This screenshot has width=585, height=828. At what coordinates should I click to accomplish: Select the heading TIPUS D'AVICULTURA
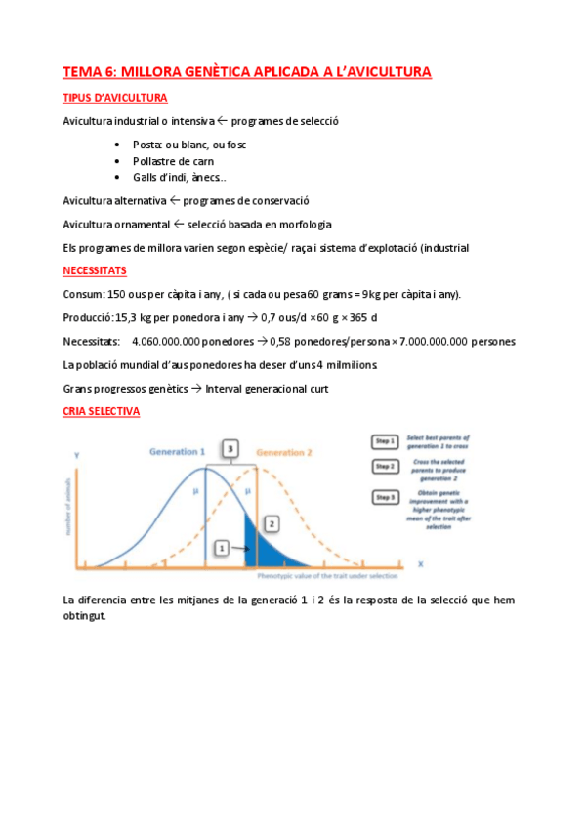coord(114,98)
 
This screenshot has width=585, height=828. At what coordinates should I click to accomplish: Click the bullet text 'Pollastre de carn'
coord(174,160)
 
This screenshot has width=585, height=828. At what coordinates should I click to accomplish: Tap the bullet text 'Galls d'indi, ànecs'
coord(179,177)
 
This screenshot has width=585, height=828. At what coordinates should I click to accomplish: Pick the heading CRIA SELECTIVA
coord(101,411)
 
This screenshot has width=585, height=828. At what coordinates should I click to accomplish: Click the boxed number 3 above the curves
coord(230,448)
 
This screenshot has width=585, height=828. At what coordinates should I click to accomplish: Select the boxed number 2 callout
coord(272,524)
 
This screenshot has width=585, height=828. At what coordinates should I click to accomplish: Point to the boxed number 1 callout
coord(222,548)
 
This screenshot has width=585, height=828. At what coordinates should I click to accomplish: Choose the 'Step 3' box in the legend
coord(384,499)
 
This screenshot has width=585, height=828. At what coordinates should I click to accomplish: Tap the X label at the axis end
coord(420,564)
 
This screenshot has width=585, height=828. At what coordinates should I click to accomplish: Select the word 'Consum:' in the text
coord(81,294)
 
